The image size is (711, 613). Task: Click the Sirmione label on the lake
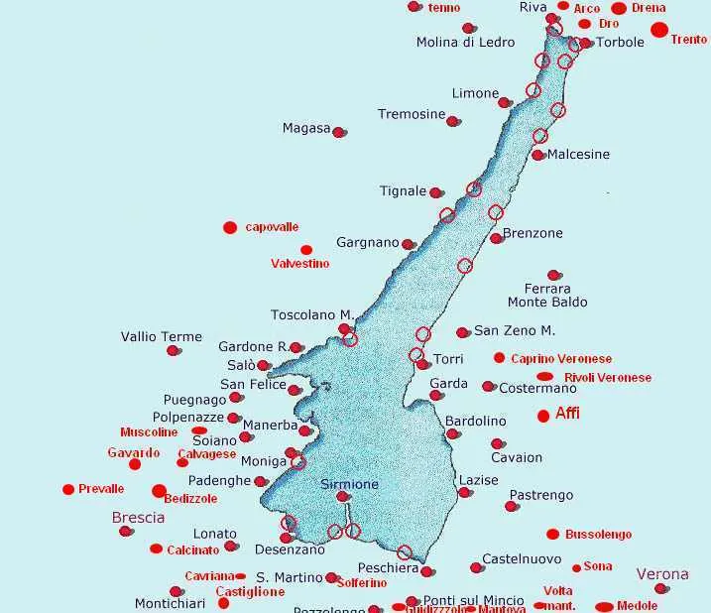tap(349, 484)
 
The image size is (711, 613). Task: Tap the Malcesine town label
tap(578, 155)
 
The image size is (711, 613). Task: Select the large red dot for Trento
tap(659, 30)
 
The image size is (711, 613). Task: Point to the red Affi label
tap(567, 414)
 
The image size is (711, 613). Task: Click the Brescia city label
tap(138, 517)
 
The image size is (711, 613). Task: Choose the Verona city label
tap(661, 573)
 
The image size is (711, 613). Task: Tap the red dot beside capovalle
tap(230, 227)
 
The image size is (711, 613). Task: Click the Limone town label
tap(475, 93)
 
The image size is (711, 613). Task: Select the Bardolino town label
tap(475, 421)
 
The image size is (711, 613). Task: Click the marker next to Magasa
tap(339, 132)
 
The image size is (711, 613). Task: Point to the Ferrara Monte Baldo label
tap(547, 295)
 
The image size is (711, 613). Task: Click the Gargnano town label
tap(368, 242)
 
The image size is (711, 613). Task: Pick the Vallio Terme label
tap(162, 336)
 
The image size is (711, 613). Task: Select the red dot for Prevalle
tap(68, 489)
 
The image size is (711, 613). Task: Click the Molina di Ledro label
tap(465, 42)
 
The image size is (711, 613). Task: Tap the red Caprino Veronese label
tap(561, 358)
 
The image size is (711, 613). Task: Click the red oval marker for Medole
tap(604, 606)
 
